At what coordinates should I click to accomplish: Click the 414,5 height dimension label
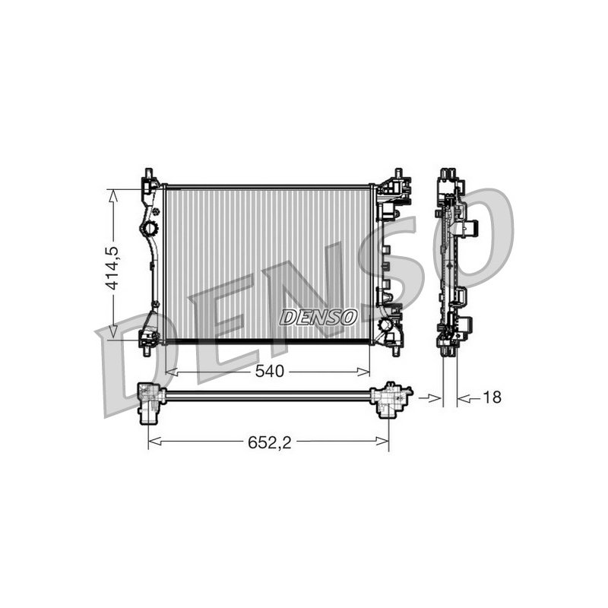click(113, 268)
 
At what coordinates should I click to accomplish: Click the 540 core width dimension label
click(270, 372)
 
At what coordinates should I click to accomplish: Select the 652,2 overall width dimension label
click(270, 442)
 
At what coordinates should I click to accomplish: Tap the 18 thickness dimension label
click(492, 397)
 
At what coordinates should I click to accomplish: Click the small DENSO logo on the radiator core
click(318, 317)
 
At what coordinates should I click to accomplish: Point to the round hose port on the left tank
click(149, 228)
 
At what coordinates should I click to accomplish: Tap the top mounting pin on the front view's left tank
click(148, 173)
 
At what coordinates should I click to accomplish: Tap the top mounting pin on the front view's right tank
click(397, 173)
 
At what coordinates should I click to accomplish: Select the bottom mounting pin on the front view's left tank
click(147, 352)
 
